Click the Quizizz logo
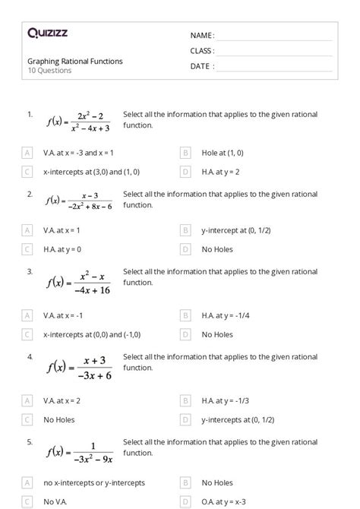tap(46, 33)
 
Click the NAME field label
tap(202, 36)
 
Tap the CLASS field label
tap(202, 51)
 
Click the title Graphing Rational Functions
tap(75, 61)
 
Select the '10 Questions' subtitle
tap(50, 71)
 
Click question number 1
tap(30, 114)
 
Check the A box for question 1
tap(28, 153)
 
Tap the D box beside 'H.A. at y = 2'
tap(185, 172)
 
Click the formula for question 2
tap(79, 201)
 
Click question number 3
tap(30, 271)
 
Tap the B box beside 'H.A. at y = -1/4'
tap(185, 315)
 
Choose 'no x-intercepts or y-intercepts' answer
tap(93, 482)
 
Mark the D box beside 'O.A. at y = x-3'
tap(185, 501)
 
